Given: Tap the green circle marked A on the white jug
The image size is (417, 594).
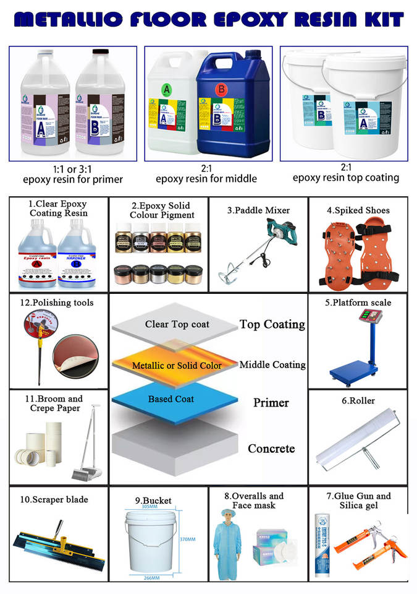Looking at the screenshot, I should pos(166,88).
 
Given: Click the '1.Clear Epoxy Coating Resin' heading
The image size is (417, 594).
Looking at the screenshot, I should pos(59,209).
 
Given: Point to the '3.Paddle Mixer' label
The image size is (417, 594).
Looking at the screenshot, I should pos(258,210).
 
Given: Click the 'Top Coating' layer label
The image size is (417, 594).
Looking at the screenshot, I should pos(272,324).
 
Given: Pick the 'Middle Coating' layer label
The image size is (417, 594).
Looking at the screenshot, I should pos(272,364).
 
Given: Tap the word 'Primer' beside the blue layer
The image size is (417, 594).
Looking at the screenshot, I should pos(271,403).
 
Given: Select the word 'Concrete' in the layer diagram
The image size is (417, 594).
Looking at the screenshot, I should pos(271,449).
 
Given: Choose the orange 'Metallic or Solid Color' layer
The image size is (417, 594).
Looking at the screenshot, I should pos(177,365).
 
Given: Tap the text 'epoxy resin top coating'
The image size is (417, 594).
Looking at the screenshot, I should pos(346,178).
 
